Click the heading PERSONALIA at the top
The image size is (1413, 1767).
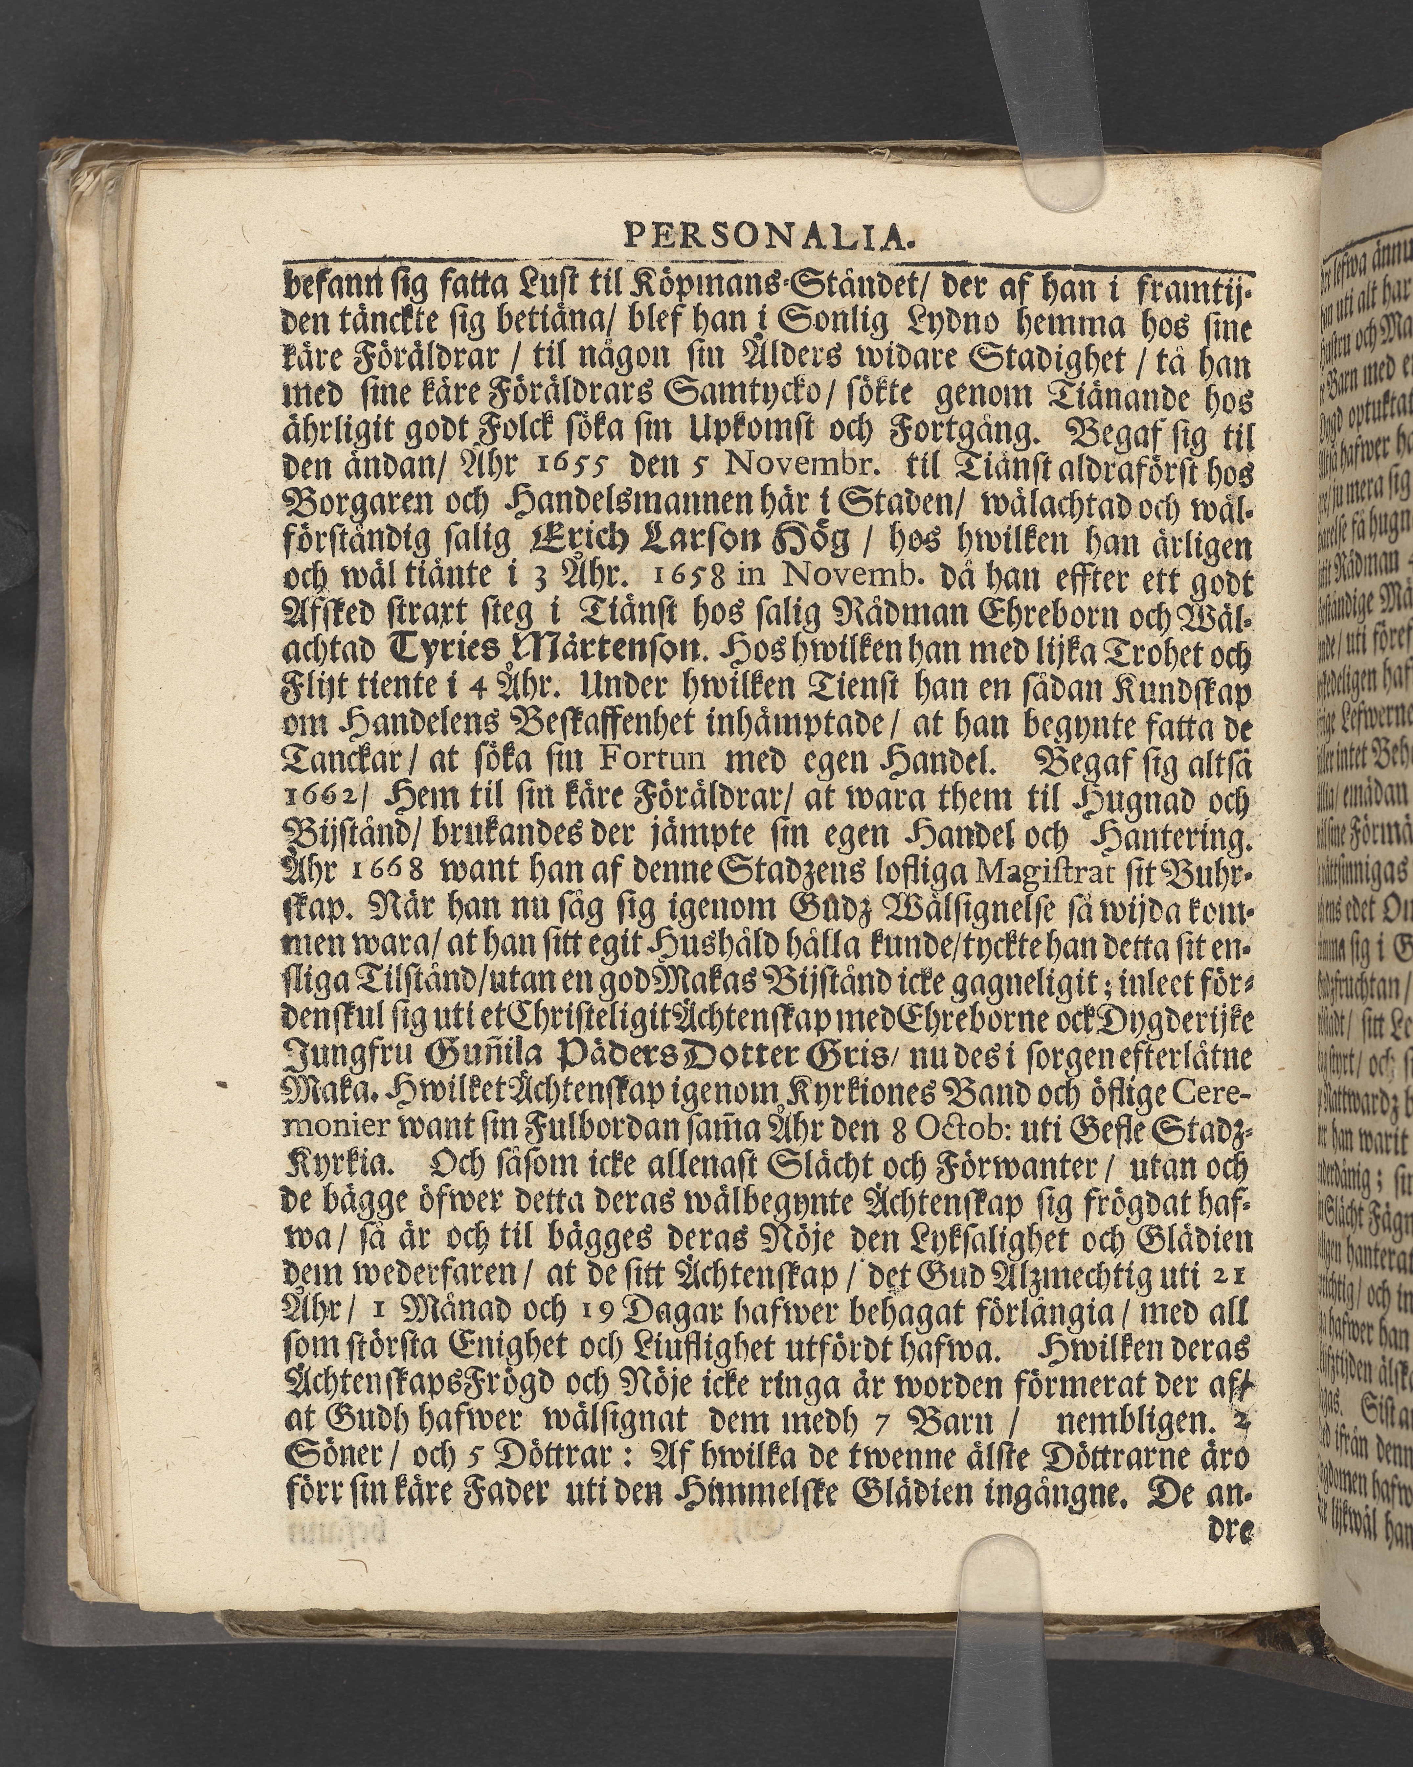[768, 237]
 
